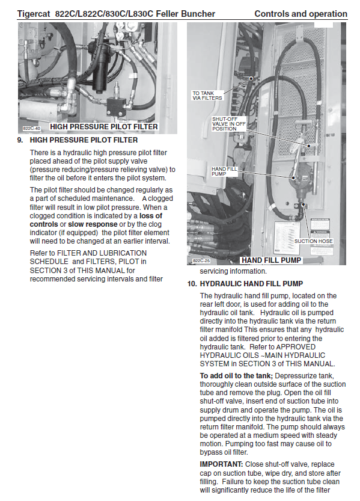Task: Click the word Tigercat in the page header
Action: (x=34, y=14)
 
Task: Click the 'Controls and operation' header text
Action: (x=301, y=14)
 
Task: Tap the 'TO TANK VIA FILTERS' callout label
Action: (x=207, y=96)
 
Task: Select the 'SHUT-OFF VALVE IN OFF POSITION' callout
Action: (x=229, y=124)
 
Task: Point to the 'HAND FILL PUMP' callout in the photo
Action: (x=224, y=171)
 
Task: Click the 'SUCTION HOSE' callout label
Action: (x=313, y=241)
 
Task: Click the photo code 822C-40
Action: (x=31, y=129)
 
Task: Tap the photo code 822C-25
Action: (x=201, y=261)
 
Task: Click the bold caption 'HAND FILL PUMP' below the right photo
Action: (x=271, y=260)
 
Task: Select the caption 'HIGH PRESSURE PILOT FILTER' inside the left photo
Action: (x=104, y=127)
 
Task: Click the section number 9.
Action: (x=20, y=140)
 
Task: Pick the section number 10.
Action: (x=192, y=284)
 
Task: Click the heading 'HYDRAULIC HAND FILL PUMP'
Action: (x=251, y=284)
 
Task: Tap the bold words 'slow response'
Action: (x=93, y=224)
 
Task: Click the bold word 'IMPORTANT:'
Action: (x=222, y=464)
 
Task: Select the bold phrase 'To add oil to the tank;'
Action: (x=236, y=376)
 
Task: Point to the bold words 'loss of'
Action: (x=151, y=216)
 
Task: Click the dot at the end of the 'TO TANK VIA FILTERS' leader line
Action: (x=251, y=78)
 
